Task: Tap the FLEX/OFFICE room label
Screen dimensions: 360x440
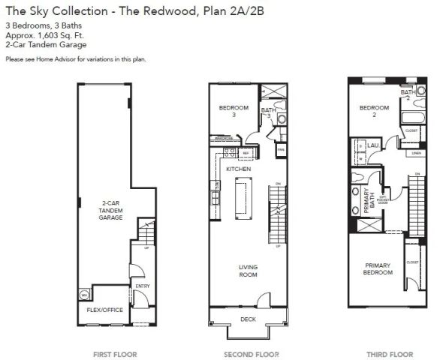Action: tap(104, 308)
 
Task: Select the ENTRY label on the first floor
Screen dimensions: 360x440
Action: tap(141, 286)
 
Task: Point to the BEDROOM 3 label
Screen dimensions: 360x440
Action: tap(233, 111)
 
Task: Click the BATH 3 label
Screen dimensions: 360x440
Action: tap(268, 112)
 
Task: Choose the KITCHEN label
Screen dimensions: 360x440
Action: tap(238, 169)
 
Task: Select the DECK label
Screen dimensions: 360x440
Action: tap(246, 319)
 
